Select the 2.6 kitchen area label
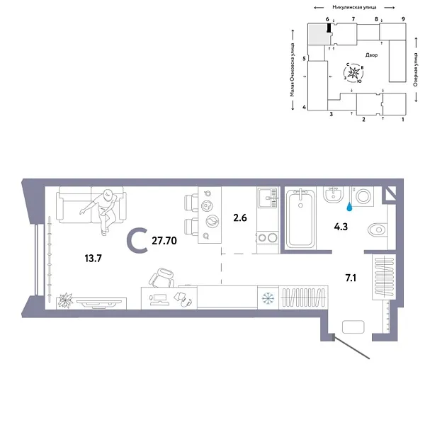239,217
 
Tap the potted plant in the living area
65,300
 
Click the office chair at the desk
162,277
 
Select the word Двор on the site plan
372,55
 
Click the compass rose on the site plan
355,72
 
